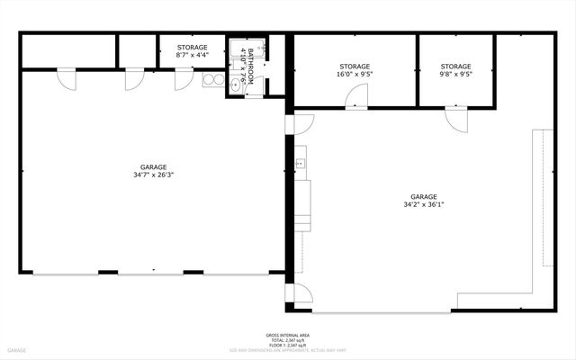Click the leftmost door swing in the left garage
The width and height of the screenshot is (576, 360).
pos(67,79)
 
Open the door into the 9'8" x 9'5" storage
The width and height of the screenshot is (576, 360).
pos(455,116)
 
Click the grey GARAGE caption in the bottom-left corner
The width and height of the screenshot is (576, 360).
pos(18,349)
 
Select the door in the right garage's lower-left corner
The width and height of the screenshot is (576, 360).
pos(302,293)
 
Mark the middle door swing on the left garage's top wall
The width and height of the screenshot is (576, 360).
pos(132,79)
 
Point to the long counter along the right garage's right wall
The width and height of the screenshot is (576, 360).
pos(544,198)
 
